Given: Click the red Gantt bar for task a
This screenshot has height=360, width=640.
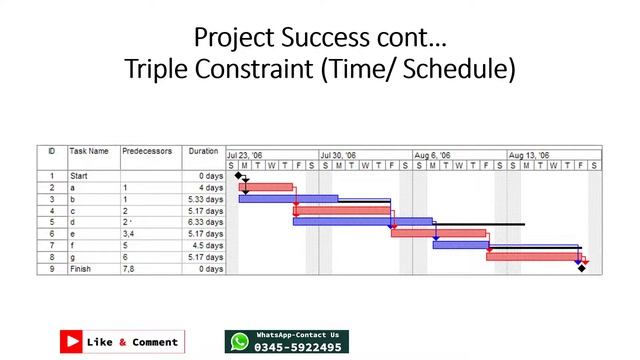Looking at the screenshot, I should [x=266, y=187].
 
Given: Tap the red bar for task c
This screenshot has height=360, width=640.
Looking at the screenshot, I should [x=342, y=210].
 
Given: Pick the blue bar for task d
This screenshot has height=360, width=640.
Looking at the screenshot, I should [x=362, y=221].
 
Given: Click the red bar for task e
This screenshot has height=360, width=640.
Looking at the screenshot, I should [x=438, y=233].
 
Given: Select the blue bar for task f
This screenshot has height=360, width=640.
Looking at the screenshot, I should [x=461, y=244].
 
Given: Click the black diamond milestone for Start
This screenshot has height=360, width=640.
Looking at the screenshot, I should [x=239, y=176].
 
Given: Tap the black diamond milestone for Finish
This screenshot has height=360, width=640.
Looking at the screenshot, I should [x=581, y=268].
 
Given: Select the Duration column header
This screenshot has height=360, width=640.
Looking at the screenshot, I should [x=203, y=152].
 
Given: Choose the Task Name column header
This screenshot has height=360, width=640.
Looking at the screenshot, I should [x=89, y=152].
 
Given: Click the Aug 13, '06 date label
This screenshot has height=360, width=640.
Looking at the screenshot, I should [x=529, y=156].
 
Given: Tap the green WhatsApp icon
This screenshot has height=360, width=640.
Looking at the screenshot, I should [x=239, y=342].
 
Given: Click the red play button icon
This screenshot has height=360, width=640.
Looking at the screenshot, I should [x=72, y=342].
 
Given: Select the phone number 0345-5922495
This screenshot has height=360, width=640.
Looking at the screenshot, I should [x=298, y=348].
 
